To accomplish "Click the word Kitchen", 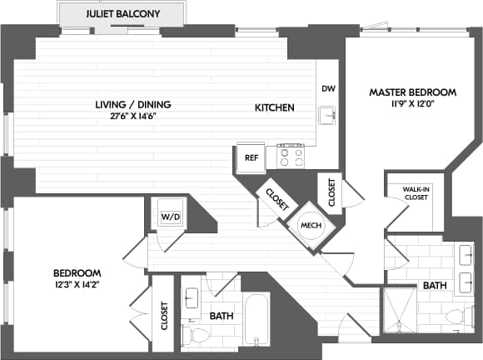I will coord(274,107).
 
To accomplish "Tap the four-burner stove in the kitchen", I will coord(290,155).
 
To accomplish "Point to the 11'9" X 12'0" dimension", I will coord(413,103).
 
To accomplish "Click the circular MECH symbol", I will coord(310,224).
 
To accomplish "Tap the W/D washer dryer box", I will coord(170,216).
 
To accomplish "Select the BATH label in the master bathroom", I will coord(434,285).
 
